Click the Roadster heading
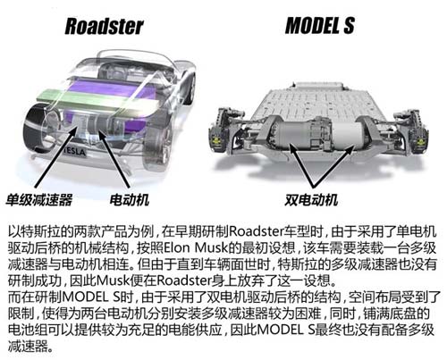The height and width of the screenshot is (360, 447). click(x=104, y=26)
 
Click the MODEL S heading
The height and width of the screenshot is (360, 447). click(x=320, y=25)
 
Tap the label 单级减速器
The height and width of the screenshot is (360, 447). click(x=39, y=200)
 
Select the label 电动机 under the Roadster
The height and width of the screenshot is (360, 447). click(x=130, y=200)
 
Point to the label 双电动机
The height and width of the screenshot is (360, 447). click(x=311, y=200)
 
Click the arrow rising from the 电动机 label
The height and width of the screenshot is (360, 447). click(x=114, y=158)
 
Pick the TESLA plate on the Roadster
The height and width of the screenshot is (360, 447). click(x=74, y=152)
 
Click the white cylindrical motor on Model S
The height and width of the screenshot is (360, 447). click(x=346, y=134)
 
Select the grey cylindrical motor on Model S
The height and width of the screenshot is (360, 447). click(x=293, y=133)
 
